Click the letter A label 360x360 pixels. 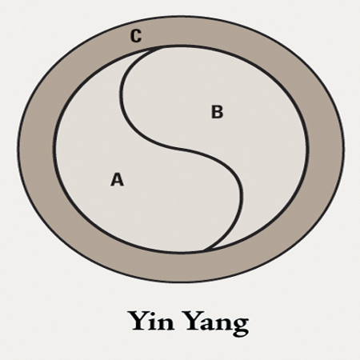click(x=117, y=179)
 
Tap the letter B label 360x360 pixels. click(x=217, y=112)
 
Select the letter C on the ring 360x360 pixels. click(x=136, y=36)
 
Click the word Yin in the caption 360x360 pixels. click(x=152, y=320)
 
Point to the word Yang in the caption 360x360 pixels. click(x=217, y=323)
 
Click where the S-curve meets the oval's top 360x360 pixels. click(x=158, y=48)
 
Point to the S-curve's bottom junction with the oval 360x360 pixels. click(x=206, y=250)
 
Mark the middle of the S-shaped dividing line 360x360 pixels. click(x=182, y=150)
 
